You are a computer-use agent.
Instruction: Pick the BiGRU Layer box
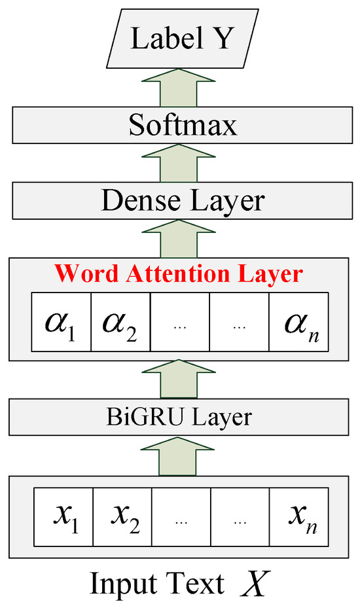pyautogui.click(x=180, y=416)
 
